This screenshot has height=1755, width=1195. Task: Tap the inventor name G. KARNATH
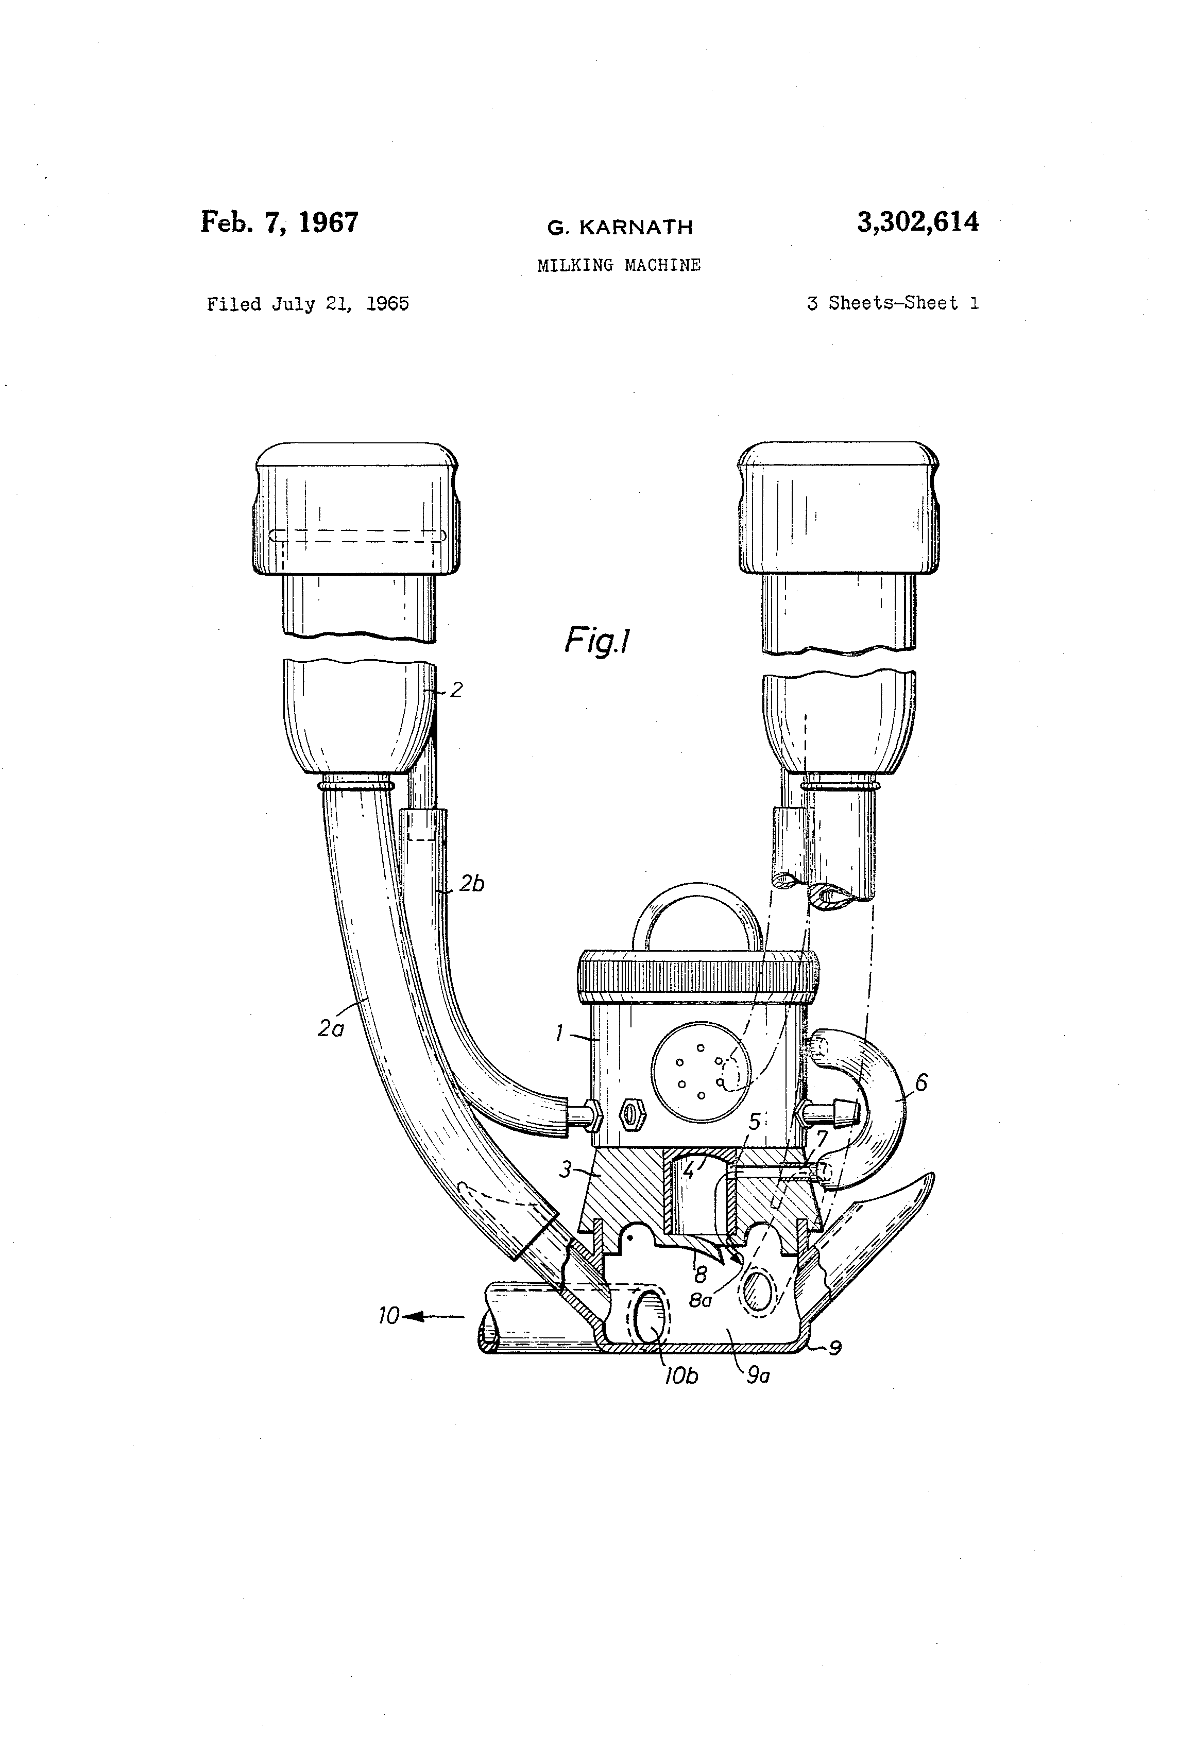click(620, 227)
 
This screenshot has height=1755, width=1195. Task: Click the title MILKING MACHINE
click(619, 265)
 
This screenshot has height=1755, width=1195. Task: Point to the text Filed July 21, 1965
click(308, 304)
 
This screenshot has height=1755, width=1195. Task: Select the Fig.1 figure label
click(597, 642)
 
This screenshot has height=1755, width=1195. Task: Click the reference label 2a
click(331, 1028)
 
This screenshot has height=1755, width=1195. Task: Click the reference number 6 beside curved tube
click(921, 1083)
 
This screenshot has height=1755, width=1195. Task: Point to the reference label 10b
click(680, 1377)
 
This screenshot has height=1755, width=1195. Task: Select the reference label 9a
click(758, 1376)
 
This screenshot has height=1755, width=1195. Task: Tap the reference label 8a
click(700, 1300)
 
